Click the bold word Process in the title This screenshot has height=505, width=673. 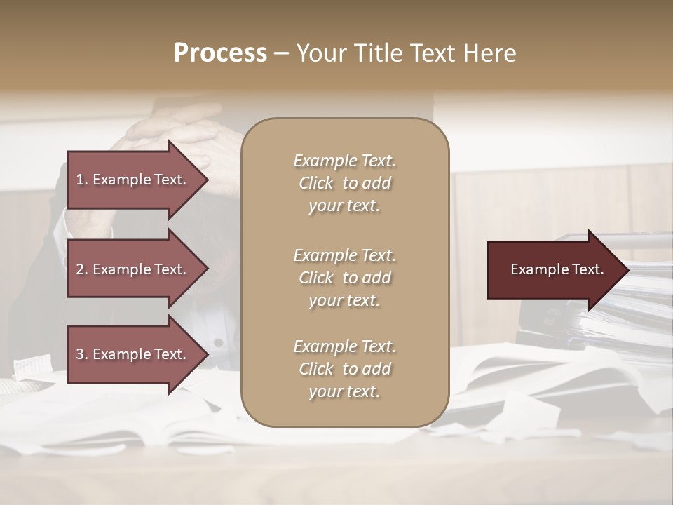pyautogui.click(x=220, y=53)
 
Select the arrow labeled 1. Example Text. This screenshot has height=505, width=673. pyautogui.click(x=133, y=180)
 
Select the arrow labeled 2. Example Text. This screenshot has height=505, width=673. pyautogui.click(x=133, y=269)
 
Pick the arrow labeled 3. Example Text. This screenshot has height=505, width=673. pyautogui.click(x=133, y=354)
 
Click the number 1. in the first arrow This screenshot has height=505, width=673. pyautogui.click(x=82, y=180)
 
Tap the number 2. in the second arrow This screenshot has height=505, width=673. pyautogui.click(x=82, y=269)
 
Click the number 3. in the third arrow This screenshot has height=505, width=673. pyautogui.click(x=82, y=354)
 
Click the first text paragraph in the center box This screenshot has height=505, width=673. pyautogui.click(x=344, y=183)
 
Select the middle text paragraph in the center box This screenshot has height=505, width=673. pyautogui.click(x=344, y=277)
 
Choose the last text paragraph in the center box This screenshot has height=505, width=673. pyautogui.click(x=344, y=369)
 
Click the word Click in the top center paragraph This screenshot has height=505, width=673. pyautogui.click(x=316, y=183)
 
